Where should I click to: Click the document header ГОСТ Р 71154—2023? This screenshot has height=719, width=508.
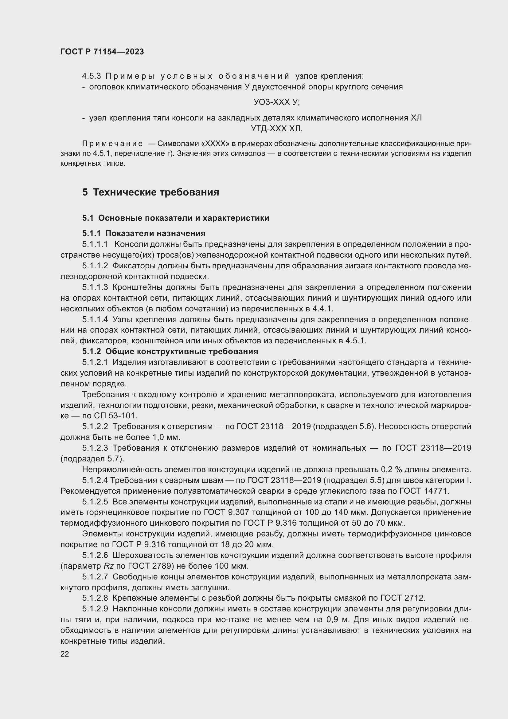(x=102, y=52)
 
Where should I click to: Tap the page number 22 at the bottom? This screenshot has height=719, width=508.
(x=65, y=654)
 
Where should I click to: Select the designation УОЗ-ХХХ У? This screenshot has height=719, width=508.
(x=276, y=102)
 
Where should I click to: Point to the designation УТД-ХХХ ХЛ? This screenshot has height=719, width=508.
(x=276, y=129)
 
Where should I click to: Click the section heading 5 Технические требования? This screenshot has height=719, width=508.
(x=150, y=192)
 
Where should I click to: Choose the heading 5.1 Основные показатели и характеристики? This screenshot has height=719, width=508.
(x=175, y=218)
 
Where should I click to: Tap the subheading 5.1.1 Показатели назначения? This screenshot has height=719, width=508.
(x=143, y=233)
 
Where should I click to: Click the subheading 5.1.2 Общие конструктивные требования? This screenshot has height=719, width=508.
(x=170, y=351)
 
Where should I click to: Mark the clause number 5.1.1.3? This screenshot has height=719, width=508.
(x=95, y=287)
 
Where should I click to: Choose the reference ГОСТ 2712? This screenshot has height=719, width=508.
(x=402, y=598)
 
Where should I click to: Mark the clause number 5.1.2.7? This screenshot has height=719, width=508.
(x=95, y=577)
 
